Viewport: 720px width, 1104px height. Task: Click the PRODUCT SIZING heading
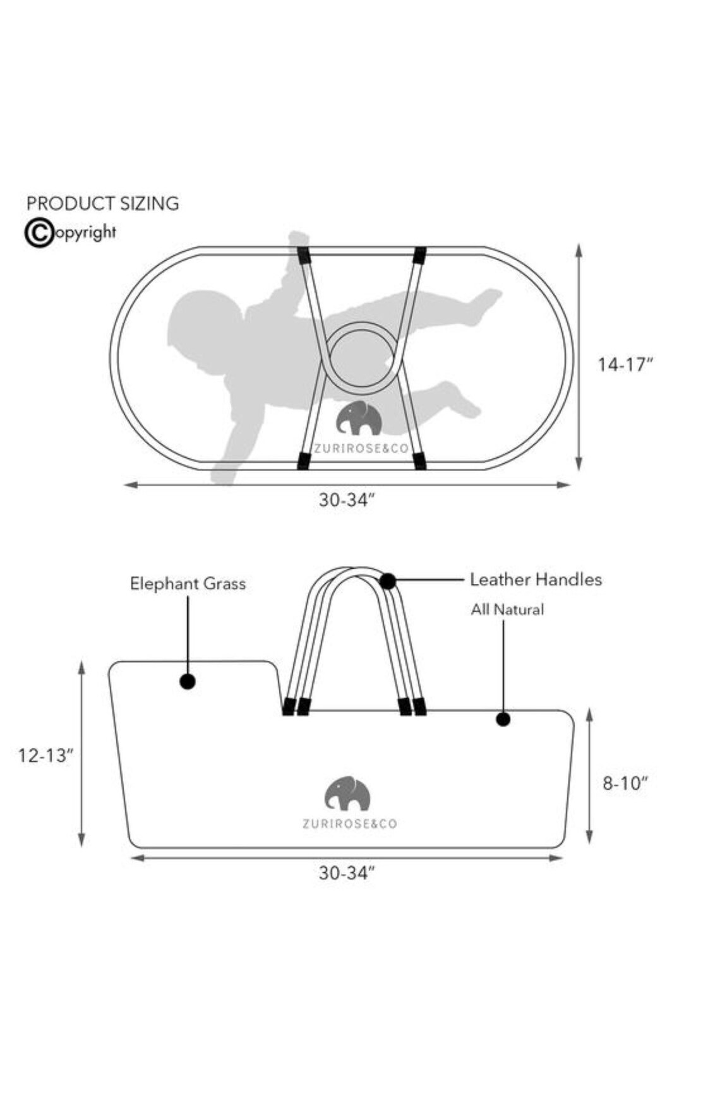coord(102,203)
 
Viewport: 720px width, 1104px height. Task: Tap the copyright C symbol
coord(39,233)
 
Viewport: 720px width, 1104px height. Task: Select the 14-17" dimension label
coord(625,364)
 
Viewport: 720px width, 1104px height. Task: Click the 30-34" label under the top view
coord(347,500)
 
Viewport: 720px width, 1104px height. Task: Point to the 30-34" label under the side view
coord(347,873)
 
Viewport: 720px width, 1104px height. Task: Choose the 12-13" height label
coord(46,755)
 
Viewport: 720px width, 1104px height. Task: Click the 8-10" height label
coord(625,783)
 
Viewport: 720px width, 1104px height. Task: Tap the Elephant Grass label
coord(188,584)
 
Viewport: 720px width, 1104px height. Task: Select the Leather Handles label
coord(536,579)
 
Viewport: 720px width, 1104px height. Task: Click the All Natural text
coord(507,610)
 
